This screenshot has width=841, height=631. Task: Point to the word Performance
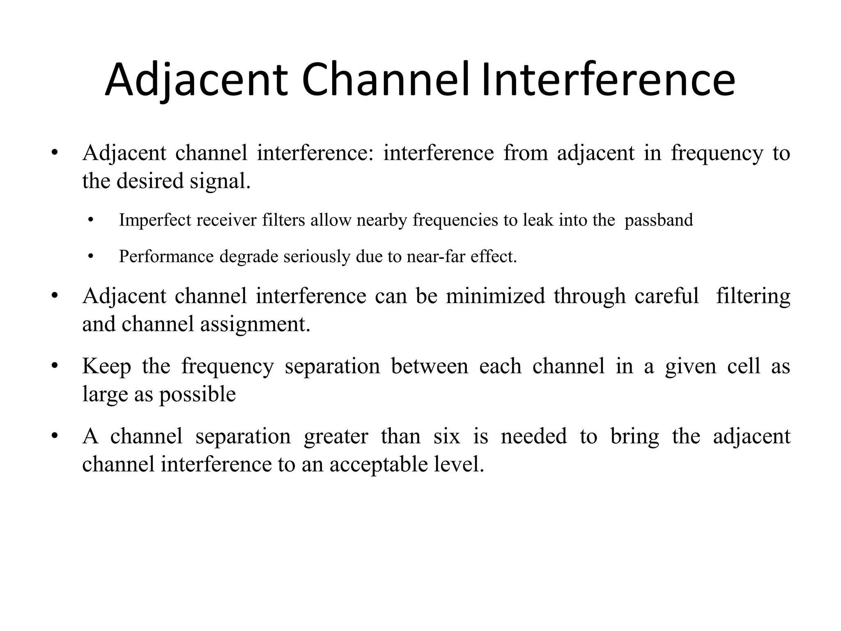click(166, 257)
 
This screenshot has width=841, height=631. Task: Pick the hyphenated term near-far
click(436, 257)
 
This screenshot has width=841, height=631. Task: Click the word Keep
click(106, 366)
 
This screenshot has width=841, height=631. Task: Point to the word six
click(446, 436)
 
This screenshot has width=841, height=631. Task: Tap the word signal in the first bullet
click(220, 182)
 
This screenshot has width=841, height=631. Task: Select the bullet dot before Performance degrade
click(91, 256)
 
